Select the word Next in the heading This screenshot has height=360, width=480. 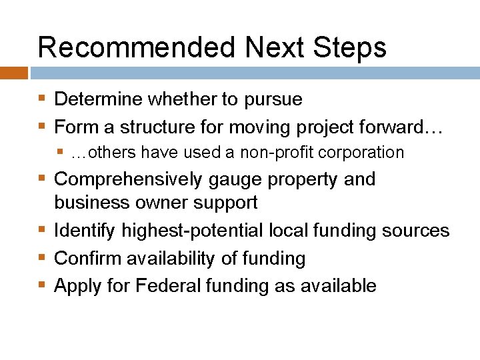tap(273, 48)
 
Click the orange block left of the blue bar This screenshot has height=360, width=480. tap(13, 73)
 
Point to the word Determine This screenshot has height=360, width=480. tap(99, 100)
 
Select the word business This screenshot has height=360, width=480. tap(87, 202)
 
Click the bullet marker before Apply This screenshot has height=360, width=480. tap(43, 286)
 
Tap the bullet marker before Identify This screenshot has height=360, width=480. tap(43, 231)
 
